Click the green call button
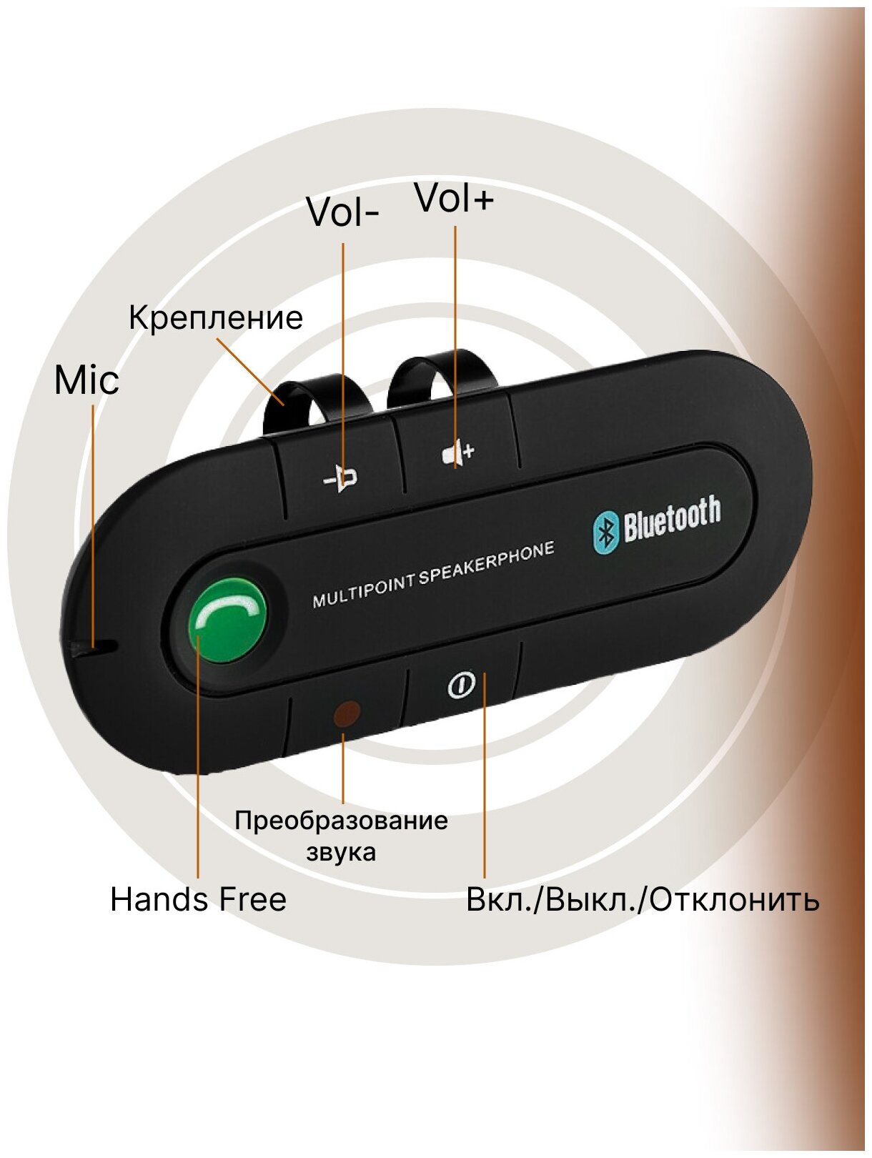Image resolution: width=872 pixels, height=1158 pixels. coord(227,619)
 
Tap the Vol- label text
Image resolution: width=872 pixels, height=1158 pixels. coord(342,212)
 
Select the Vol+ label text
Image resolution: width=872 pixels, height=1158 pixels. coord(455,198)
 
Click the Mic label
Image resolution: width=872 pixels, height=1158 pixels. coord(86,380)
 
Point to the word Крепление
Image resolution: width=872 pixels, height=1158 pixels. coord(216,317)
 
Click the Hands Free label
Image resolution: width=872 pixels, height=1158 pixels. coord(198,899)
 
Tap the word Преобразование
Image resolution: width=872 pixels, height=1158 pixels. coord(341,820)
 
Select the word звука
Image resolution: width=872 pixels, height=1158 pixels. coord(341,852)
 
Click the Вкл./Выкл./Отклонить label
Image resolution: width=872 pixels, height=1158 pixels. coord(642,899)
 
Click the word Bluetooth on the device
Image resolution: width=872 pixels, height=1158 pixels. coord(671,520)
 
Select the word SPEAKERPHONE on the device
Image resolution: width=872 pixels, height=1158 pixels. coord(487,564)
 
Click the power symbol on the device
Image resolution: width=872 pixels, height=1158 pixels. coord(461,686)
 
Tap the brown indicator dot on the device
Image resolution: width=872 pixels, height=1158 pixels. coord(347,713)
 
